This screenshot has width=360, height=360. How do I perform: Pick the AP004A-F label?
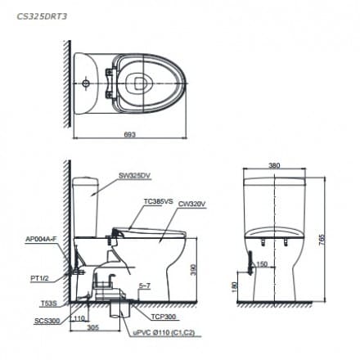(x=41, y=238)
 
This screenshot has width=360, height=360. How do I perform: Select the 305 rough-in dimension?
(x=93, y=326)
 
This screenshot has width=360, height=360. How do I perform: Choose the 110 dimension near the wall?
(x=79, y=317)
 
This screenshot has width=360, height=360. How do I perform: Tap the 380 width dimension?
(x=274, y=165)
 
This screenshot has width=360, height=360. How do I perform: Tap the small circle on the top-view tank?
(x=86, y=83)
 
